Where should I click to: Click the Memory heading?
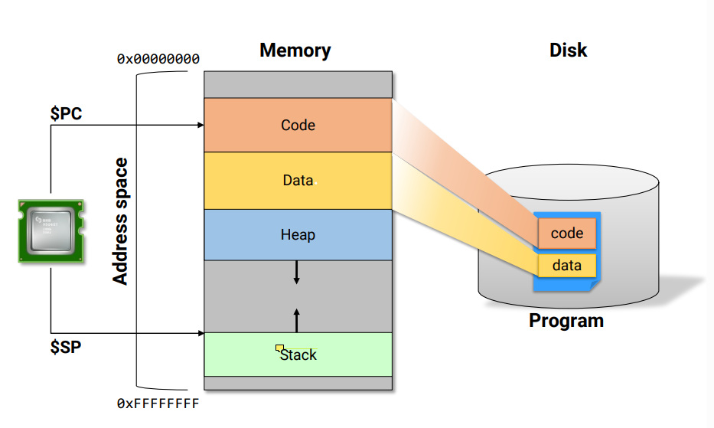[x=295, y=51]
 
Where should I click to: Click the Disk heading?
[x=568, y=51]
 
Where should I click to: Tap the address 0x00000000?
[x=158, y=58]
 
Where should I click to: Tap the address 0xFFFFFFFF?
[x=158, y=403]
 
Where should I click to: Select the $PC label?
[x=67, y=113]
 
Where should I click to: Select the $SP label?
[x=67, y=346]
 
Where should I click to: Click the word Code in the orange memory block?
[x=298, y=125]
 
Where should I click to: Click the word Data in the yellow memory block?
[x=298, y=181]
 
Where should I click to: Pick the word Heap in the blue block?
[x=298, y=234]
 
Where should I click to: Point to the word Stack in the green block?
[x=299, y=354]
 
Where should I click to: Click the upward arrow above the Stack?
[x=297, y=316]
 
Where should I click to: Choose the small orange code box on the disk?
[x=567, y=234]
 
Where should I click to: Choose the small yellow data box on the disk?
[x=567, y=266]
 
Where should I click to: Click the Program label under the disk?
[x=566, y=320]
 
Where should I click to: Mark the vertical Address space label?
[x=120, y=221]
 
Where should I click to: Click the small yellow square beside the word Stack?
[x=280, y=348]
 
